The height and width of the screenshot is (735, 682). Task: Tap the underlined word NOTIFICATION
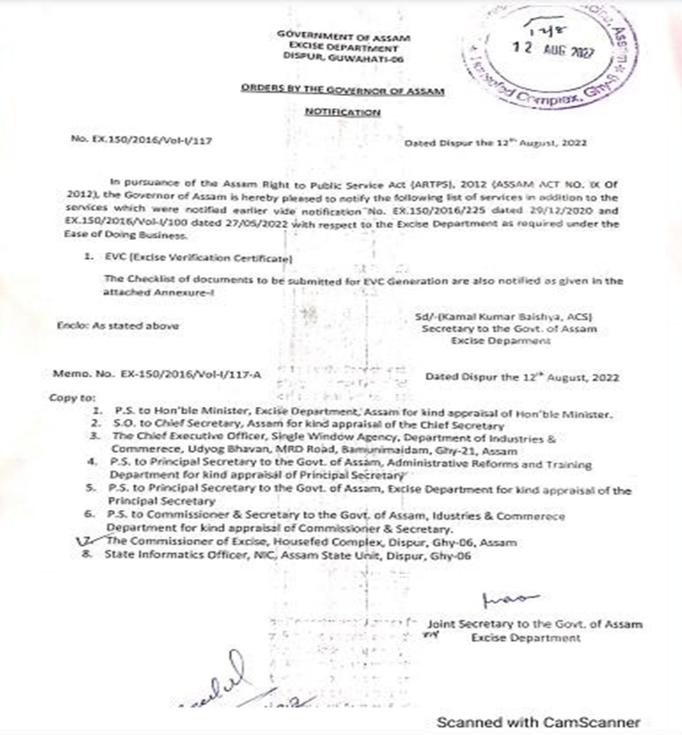[x=342, y=112]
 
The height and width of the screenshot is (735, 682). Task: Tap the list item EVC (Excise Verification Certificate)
[x=196, y=259]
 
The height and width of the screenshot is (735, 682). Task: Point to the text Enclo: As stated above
[x=117, y=325]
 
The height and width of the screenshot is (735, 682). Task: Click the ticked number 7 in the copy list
[x=87, y=542]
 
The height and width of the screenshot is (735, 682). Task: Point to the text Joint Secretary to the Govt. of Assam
[x=534, y=624]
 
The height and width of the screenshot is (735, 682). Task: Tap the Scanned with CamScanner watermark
[x=538, y=722]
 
